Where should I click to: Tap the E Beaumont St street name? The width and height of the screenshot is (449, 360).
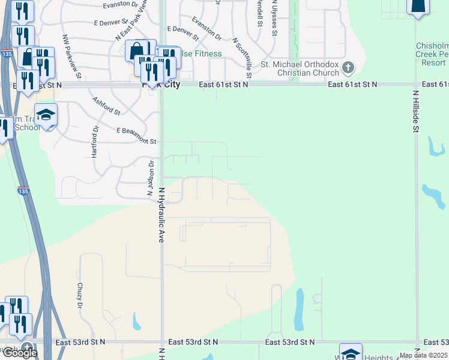136,136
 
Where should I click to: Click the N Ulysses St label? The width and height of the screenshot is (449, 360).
274,18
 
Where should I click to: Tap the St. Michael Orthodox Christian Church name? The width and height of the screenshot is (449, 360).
300,68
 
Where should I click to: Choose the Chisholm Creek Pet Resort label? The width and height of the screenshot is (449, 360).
432,54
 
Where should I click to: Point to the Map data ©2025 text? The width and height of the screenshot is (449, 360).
423,355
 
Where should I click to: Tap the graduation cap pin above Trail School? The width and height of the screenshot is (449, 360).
46,114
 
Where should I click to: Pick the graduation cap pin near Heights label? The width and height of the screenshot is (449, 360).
351,352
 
